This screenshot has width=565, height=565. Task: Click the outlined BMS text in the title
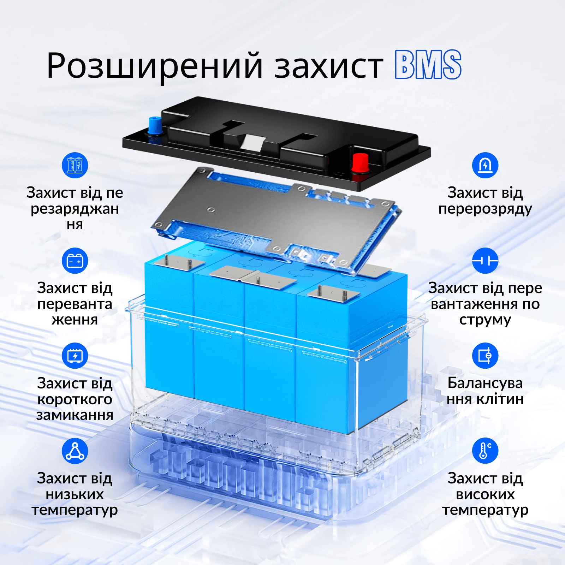tap(428, 64)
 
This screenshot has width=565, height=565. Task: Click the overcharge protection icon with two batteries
tap(75, 165)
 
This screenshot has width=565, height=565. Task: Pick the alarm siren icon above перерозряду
tap(485, 165)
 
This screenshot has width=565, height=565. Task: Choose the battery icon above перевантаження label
tap(75, 261)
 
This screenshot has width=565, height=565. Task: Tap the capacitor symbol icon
tap(485, 261)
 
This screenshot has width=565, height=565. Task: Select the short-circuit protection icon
tap(75, 356)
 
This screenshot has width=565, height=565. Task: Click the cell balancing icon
tap(485, 356)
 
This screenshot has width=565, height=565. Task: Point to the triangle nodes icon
tap(75, 451)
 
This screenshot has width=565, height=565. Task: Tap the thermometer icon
tap(485, 451)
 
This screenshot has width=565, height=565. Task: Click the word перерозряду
tap(485, 209)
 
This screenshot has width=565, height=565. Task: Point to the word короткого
tap(75, 400)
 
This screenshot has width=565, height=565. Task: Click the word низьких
tap(75, 494)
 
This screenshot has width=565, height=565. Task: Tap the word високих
tap(485, 494)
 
